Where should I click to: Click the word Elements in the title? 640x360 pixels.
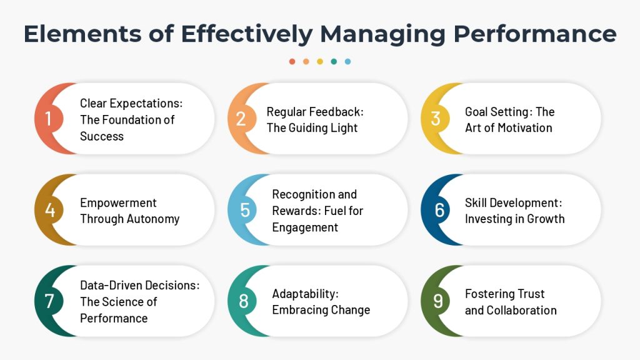(x=83, y=34)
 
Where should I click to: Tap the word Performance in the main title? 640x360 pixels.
(x=535, y=34)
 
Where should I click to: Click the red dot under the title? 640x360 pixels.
(x=292, y=62)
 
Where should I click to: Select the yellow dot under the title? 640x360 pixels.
(x=320, y=62)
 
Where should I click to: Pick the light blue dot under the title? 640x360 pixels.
(x=347, y=62)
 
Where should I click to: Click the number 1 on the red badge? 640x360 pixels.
(x=48, y=118)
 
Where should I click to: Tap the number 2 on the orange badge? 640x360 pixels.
(x=241, y=118)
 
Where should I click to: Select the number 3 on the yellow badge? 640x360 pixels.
(x=436, y=118)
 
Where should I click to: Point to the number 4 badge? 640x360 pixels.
(x=50, y=210)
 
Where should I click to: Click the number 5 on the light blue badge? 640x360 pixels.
(x=245, y=210)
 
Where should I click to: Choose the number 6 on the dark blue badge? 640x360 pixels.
(x=439, y=210)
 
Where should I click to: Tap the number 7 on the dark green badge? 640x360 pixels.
(x=49, y=301)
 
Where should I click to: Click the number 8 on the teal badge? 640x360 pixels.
(x=244, y=301)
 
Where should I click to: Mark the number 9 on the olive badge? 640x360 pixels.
(x=438, y=301)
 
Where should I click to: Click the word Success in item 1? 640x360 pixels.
(x=102, y=136)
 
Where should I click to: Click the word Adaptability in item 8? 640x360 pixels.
(x=305, y=294)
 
